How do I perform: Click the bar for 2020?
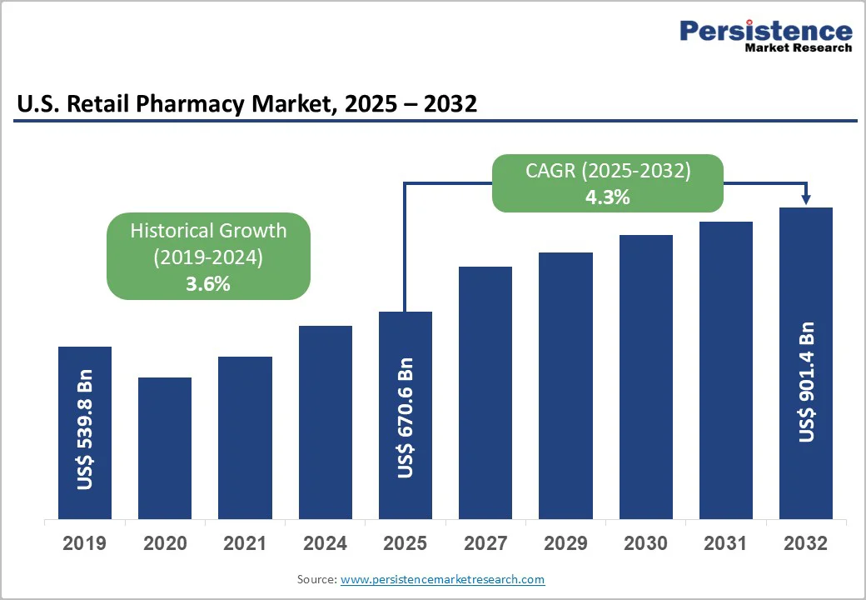pos(165,448)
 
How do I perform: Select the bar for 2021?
pos(245,437)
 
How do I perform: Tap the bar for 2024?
pos(326,422)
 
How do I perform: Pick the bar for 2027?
pos(485,392)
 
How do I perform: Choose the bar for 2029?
pos(565,386)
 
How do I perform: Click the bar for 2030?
pos(645,377)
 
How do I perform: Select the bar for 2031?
pos(725,370)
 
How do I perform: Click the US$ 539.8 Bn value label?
pos(85,428)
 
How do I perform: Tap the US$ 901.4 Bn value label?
pos(806,381)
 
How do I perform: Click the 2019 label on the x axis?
pos(85,543)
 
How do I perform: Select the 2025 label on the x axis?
pos(406,543)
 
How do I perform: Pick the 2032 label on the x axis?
pos(806,543)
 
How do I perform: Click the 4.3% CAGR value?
pos(607,197)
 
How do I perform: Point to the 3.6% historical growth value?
pos(208,283)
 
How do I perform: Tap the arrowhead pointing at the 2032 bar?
pos(806,198)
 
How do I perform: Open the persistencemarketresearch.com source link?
pos(442,579)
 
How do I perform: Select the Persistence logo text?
pos(766,31)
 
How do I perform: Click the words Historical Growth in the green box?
pos(208,231)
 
